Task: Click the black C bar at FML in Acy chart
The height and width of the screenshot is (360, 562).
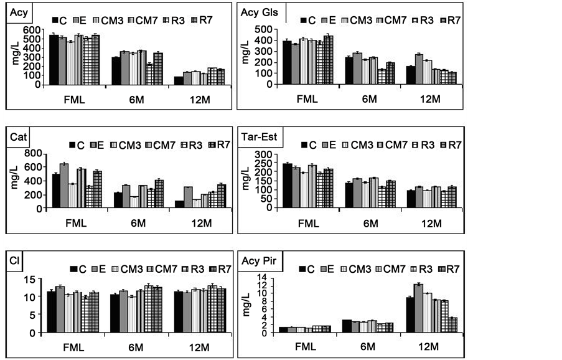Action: pos(54,59)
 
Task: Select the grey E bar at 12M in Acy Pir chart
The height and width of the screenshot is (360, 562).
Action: pos(418,308)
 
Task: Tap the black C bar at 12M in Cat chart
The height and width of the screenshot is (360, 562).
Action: pos(180,205)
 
